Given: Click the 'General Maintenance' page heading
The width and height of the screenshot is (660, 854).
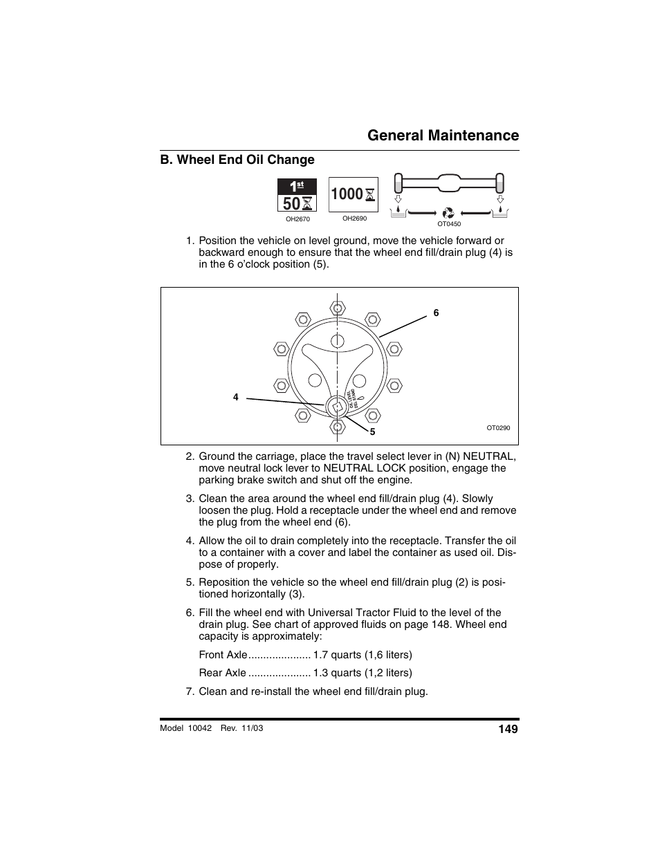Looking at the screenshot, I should pyautogui.click(x=443, y=135).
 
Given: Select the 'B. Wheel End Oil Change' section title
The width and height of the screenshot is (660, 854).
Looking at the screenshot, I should pyautogui.click(x=237, y=160).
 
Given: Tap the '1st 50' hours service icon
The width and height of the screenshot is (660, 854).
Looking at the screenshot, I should pyautogui.click(x=297, y=195).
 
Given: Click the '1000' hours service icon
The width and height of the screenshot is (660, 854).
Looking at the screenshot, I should pyautogui.click(x=353, y=194).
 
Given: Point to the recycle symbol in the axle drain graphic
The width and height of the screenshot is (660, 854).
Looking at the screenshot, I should pyautogui.click(x=448, y=213).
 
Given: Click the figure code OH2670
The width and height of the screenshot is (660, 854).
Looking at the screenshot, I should pyautogui.click(x=297, y=219).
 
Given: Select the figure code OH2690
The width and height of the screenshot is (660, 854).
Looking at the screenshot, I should pyautogui.click(x=354, y=219).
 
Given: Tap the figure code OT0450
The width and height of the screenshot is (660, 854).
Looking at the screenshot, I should pyautogui.click(x=449, y=224).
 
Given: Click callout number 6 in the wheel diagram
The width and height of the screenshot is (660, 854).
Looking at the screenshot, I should pyautogui.click(x=436, y=313).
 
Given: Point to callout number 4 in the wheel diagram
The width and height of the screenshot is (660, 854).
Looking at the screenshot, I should pyautogui.click(x=236, y=398).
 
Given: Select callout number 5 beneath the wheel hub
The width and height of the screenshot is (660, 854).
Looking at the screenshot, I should pyautogui.click(x=372, y=431).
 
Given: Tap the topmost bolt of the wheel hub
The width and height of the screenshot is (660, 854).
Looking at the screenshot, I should pyautogui.click(x=337, y=307).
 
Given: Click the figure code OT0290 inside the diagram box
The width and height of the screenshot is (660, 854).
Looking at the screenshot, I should pyautogui.click(x=497, y=428).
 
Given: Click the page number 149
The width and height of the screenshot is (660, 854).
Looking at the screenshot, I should pyautogui.click(x=508, y=729).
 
